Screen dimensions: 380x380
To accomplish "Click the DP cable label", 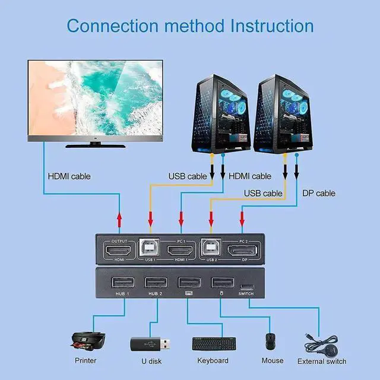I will coord(318,193).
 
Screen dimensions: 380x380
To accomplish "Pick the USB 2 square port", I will coord(210,248).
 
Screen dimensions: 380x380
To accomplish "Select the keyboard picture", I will coord(213,343).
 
